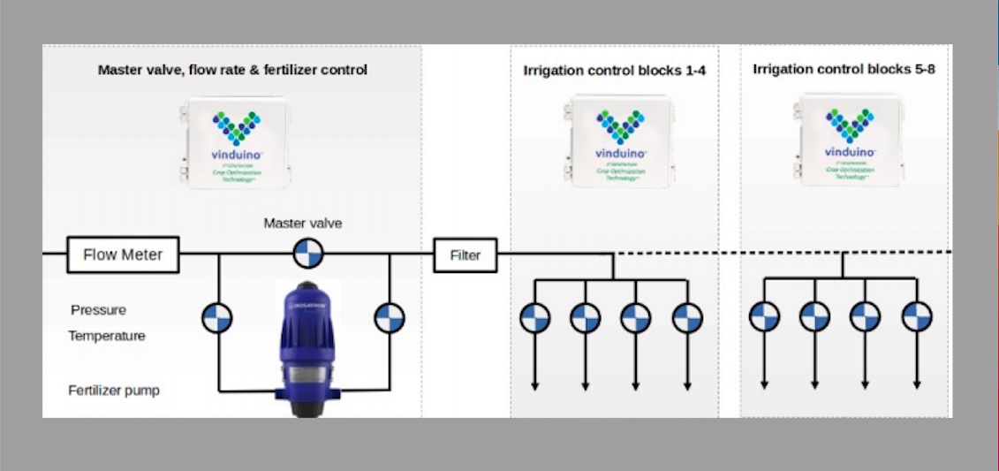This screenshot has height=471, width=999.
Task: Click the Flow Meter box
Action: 123,255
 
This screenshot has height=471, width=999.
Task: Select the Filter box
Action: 465,256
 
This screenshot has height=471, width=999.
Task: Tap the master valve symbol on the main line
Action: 308,254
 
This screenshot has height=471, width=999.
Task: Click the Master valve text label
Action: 302,224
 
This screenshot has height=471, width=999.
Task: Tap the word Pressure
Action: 98,310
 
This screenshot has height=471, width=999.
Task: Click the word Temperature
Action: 107,336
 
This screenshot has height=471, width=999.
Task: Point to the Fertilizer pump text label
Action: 114,390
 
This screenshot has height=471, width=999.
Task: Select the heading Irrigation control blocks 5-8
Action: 844,68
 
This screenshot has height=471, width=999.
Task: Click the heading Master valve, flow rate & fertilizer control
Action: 232,68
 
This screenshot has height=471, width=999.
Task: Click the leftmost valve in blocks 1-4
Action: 534,317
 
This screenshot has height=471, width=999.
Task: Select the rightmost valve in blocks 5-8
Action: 917,316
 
